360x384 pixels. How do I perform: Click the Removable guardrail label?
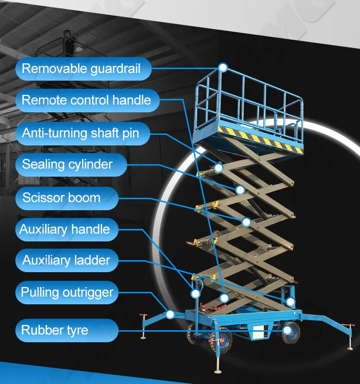click(82, 69)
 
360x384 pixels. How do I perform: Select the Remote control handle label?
click(86, 100)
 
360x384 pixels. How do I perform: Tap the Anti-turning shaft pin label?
click(81, 132)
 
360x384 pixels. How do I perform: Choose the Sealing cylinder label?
click(67, 164)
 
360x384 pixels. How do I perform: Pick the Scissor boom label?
click(61, 197)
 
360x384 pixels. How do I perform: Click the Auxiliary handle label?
click(65, 229)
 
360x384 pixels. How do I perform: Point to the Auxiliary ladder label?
click(66, 261)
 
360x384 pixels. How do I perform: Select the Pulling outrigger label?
click(67, 292)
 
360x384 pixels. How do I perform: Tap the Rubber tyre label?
click(55, 330)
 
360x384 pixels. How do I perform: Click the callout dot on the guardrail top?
click(223, 67)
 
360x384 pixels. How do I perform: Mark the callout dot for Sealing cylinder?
click(240, 190)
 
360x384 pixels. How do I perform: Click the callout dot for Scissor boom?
click(246, 222)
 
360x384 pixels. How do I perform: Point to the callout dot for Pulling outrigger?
click(169, 314)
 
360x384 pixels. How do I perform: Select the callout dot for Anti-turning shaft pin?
click(218, 168)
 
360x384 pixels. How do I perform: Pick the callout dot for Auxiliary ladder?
click(290, 301)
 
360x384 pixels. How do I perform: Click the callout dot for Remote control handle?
click(224, 298)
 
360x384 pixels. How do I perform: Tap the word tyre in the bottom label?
click(77, 330)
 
